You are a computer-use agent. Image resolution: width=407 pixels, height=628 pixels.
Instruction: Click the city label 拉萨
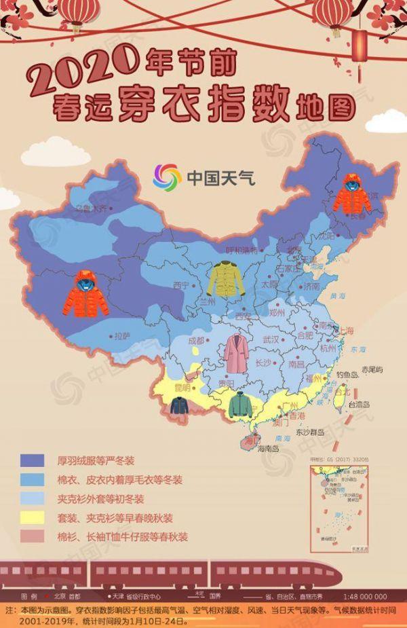coord(122,335)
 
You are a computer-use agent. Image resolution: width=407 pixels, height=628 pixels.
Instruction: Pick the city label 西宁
coord(180,285)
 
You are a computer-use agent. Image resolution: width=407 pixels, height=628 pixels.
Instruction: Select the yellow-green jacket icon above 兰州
coord(226,278)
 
